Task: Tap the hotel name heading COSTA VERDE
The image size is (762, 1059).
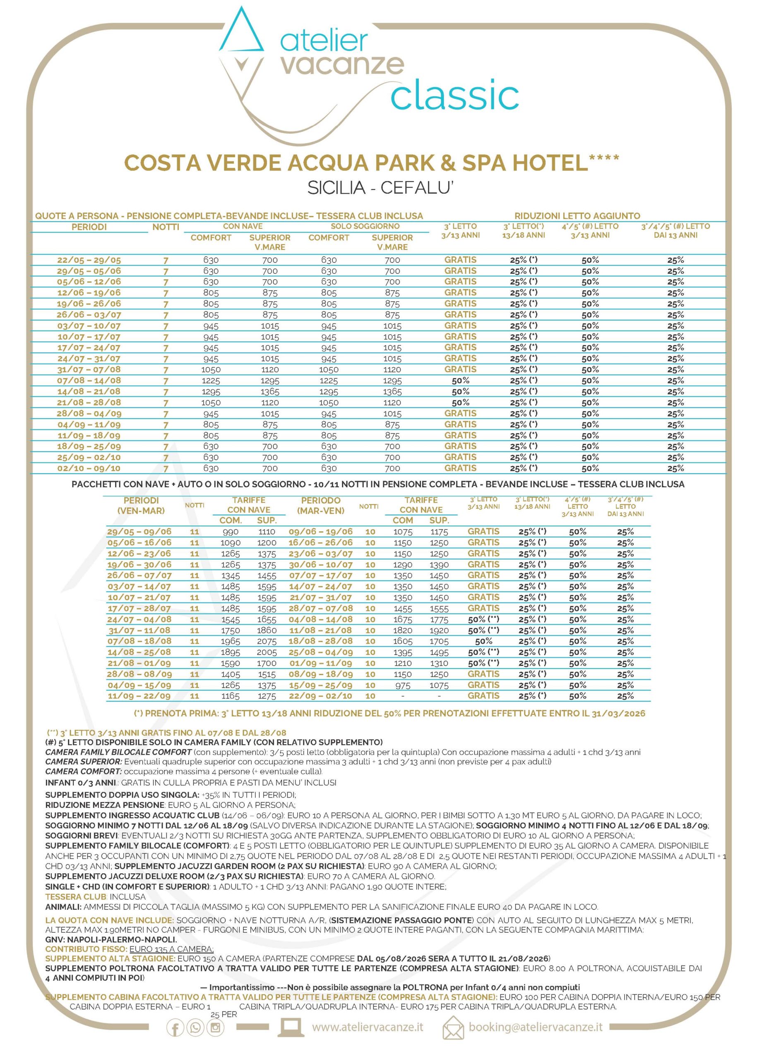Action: [x=371, y=163]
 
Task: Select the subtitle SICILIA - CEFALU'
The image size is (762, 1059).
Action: [x=380, y=188]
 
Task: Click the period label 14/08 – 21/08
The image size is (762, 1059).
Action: [x=89, y=391]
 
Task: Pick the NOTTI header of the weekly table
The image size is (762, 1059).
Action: [x=166, y=227]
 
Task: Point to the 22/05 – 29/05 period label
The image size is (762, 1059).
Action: [x=89, y=260]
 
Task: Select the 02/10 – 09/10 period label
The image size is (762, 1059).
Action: [x=89, y=468]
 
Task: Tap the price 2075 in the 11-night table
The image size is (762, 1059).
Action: [x=267, y=641]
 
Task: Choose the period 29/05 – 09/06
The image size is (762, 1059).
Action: [x=139, y=532]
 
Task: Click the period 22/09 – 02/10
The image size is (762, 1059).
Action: [x=320, y=696]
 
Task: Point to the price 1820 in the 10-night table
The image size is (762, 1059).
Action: [x=403, y=630]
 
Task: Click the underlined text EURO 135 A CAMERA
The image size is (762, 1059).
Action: [x=171, y=949]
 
